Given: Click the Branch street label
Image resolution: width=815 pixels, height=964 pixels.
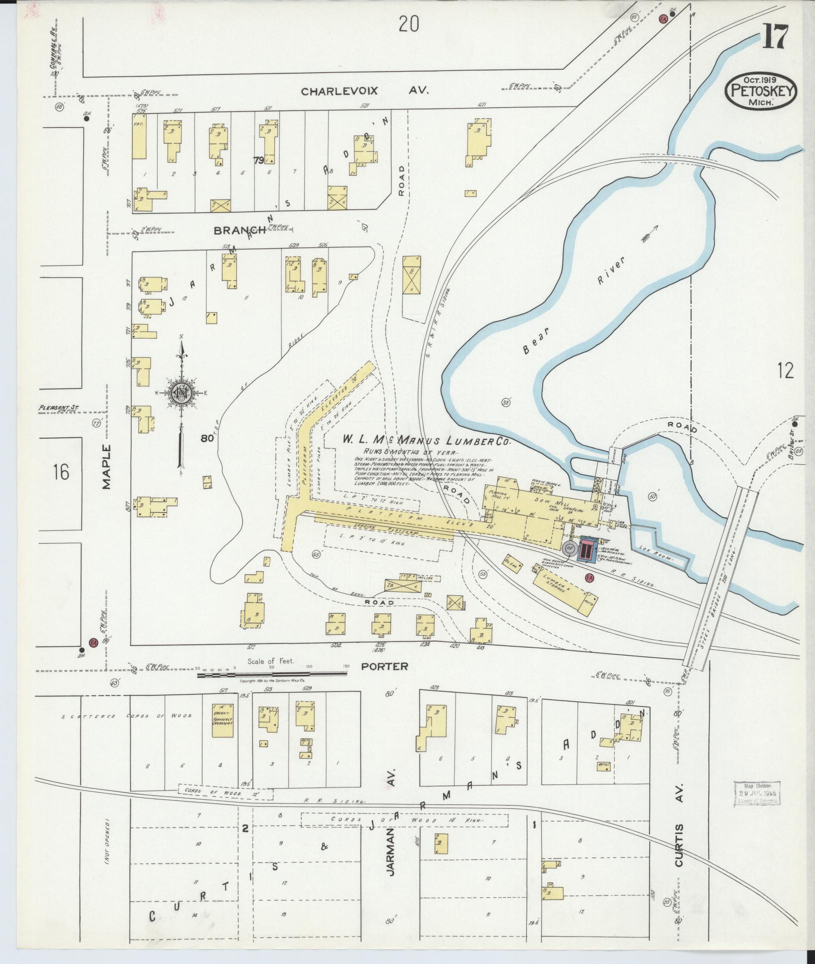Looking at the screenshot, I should coord(239,230).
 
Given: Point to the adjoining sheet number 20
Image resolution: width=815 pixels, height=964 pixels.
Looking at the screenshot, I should coord(409,24).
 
